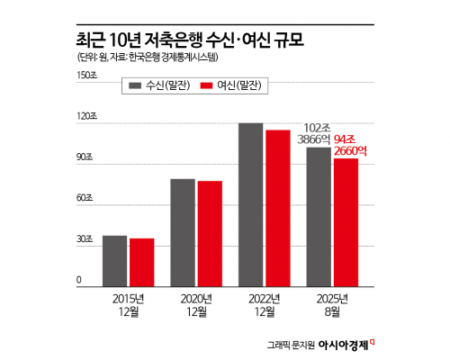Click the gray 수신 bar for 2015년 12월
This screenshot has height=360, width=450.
(x=114, y=260)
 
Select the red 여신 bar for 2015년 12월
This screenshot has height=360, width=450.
(x=141, y=262)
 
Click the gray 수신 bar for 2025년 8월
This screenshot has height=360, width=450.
(x=319, y=216)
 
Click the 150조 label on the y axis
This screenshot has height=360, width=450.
(x=85, y=76)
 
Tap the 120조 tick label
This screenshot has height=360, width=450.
(x=85, y=117)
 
